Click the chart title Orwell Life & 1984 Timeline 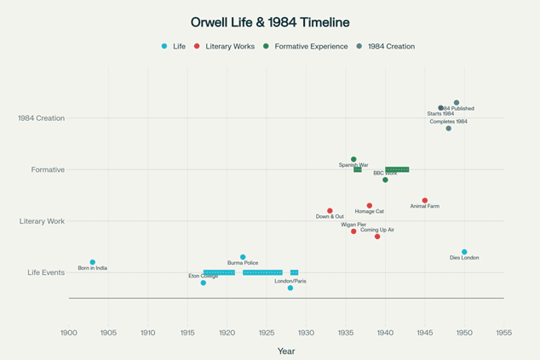click(x=270, y=22)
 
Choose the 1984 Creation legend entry click(x=390, y=46)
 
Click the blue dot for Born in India click(x=93, y=262)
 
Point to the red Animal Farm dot click(x=425, y=201)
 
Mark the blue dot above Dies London click(x=464, y=252)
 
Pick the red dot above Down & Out click(x=330, y=211)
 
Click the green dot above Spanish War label click(x=353, y=159)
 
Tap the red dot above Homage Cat click(x=370, y=206)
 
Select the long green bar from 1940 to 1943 click(x=397, y=169)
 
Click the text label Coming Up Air click(x=376, y=230)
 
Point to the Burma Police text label click(x=243, y=263)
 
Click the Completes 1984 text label click(x=448, y=122)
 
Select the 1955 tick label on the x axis click(x=503, y=332)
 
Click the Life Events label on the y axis click(x=46, y=272)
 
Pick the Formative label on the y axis click(x=48, y=169)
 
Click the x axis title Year click(x=286, y=351)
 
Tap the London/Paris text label click(x=290, y=280)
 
